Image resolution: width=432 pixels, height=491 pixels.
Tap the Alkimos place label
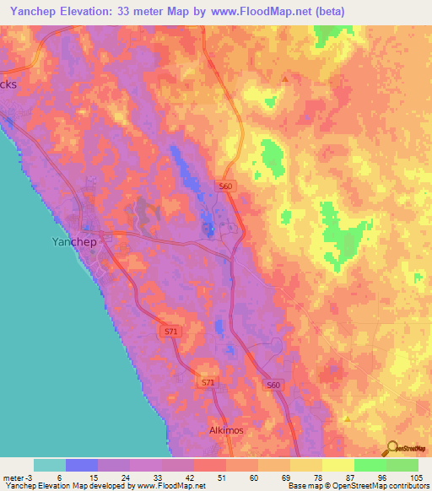(x=225, y=430)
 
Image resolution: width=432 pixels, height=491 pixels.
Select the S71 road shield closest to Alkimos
(x=208, y=382)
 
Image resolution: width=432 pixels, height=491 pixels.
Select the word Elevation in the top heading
(x=100, y=11)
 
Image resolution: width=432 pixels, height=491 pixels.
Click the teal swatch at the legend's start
(x=50, y=465)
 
